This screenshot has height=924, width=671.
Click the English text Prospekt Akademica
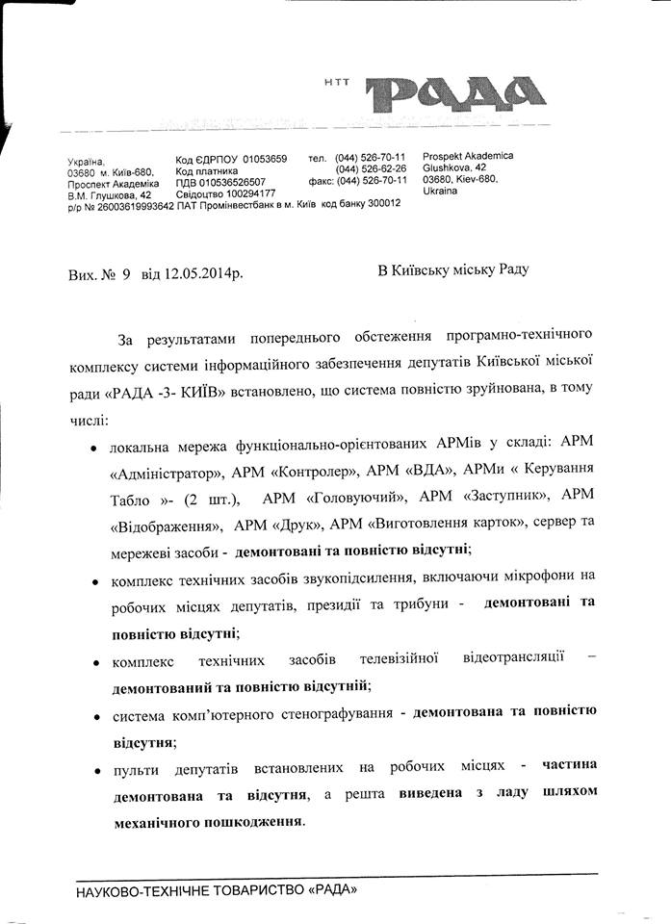click(x=468, y=156)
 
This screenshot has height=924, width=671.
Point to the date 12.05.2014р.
click(x=204, y=273)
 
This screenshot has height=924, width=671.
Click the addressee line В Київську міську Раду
click(x=452, y=271)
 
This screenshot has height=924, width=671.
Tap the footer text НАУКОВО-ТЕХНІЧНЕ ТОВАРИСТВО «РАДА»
click(x=217, y=891)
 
